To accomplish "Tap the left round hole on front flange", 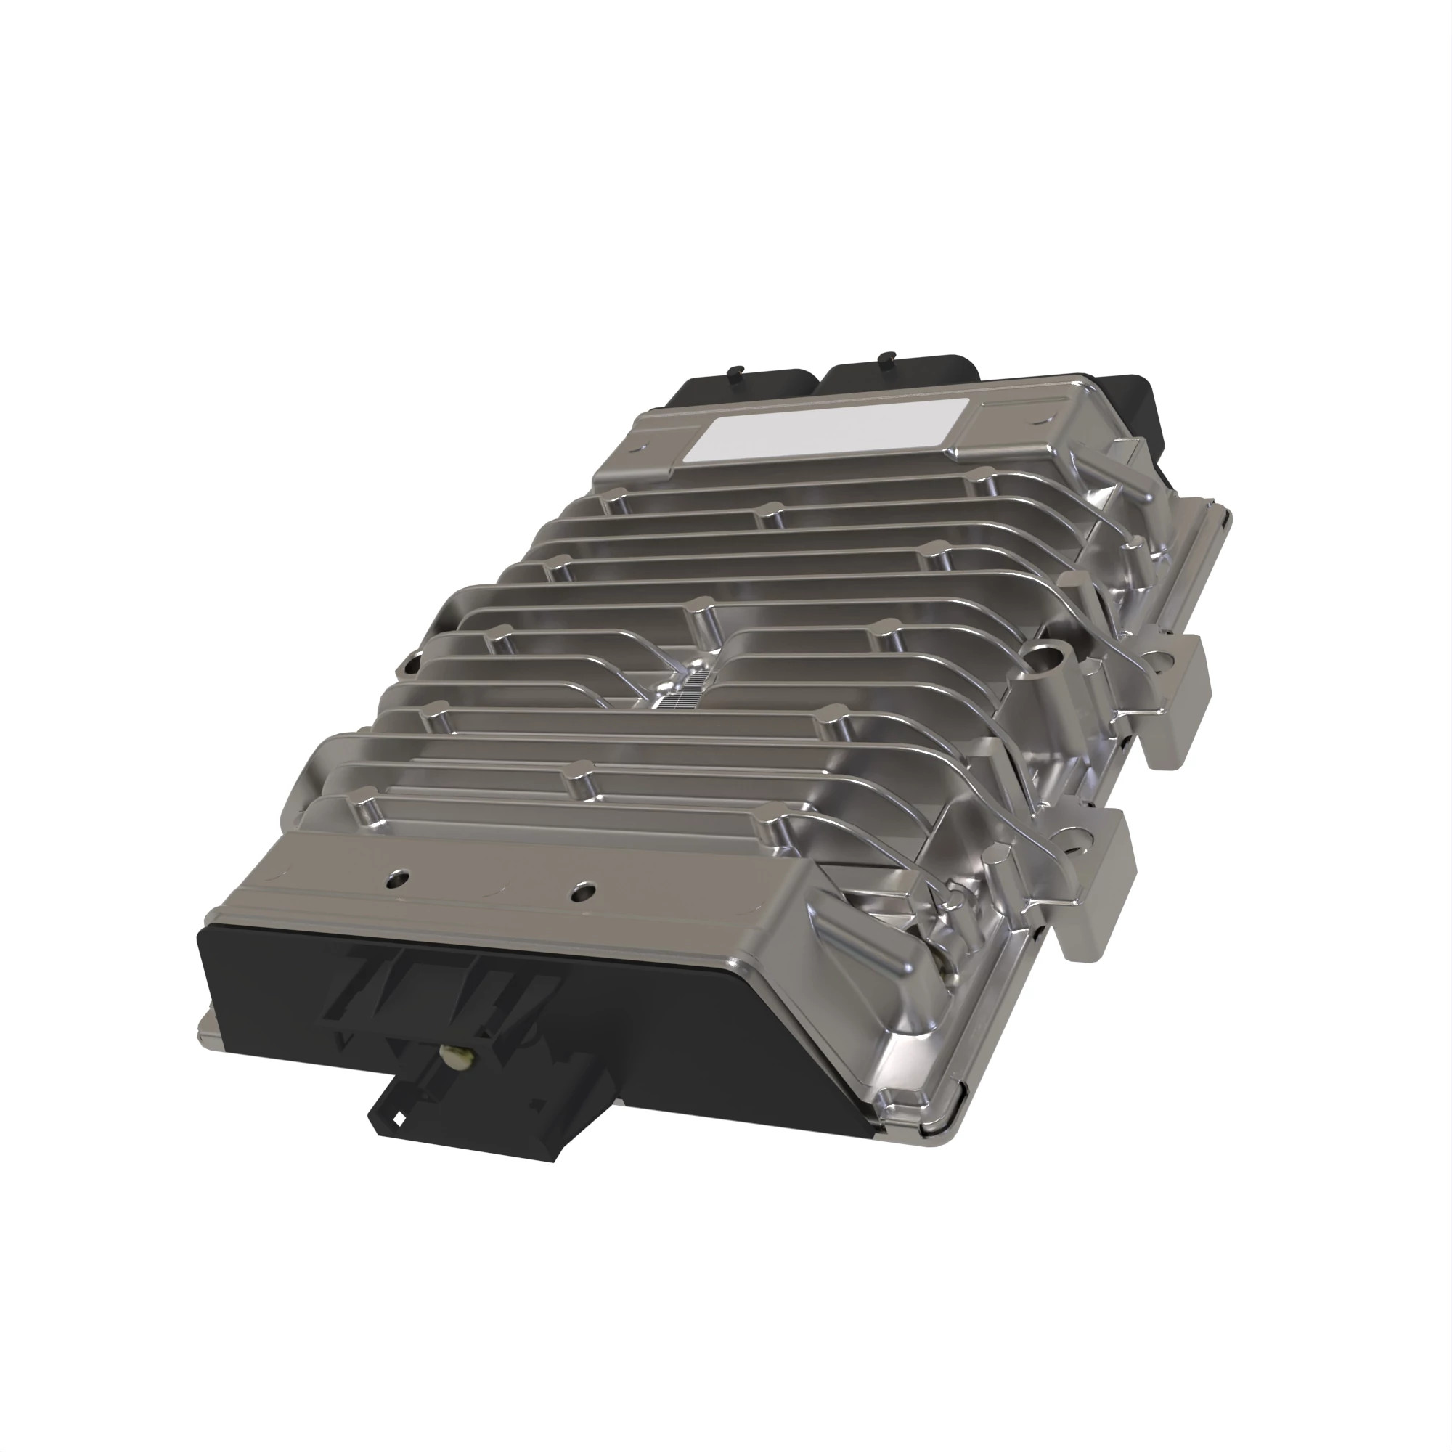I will coord(399,877).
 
